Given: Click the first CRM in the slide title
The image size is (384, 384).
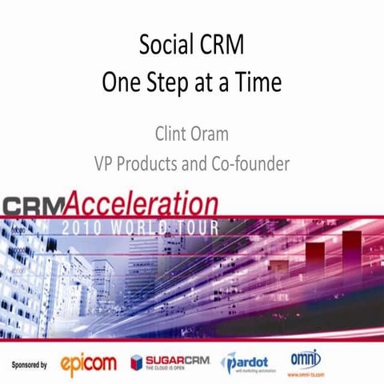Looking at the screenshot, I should coord(221,45).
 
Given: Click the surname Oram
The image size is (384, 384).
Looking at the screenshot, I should coord(215,131).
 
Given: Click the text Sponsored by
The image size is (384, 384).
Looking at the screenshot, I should coord(30,363).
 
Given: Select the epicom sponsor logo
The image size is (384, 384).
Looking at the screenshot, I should coord(89,365).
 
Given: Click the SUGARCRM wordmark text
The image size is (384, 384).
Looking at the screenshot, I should coord(177,359).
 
